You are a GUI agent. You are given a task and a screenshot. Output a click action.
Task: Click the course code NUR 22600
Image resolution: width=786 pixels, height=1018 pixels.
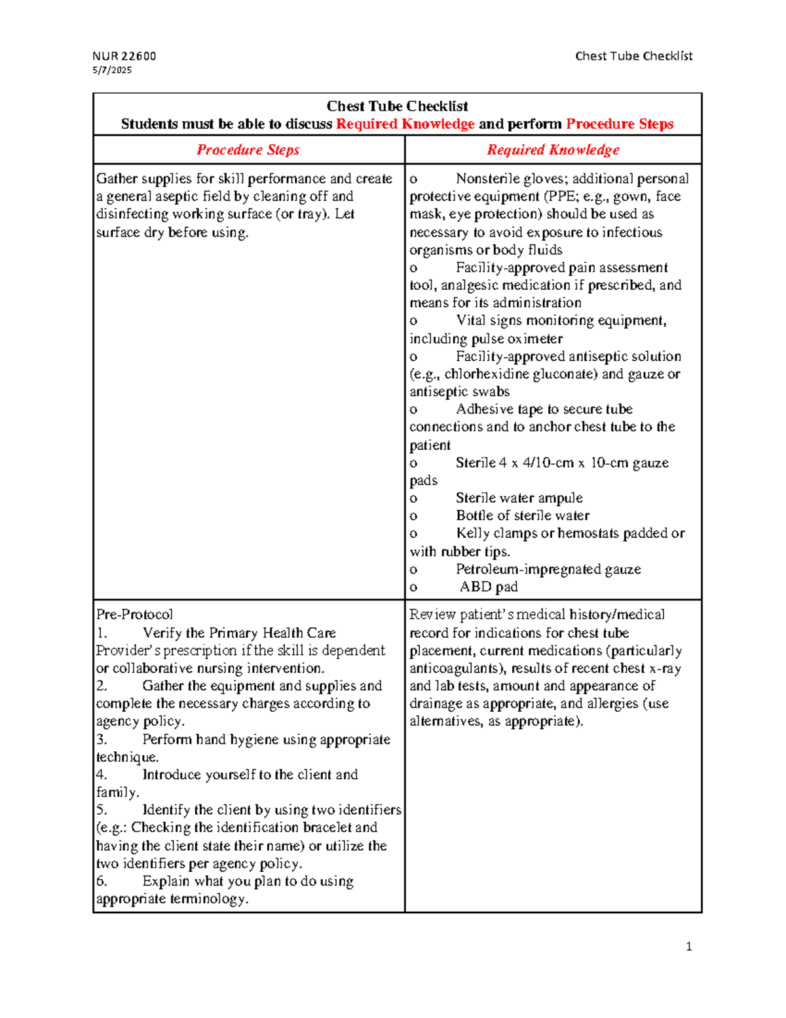(x=124, y=56)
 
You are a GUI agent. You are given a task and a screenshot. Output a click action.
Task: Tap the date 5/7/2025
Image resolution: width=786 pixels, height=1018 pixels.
(x=112, y=70)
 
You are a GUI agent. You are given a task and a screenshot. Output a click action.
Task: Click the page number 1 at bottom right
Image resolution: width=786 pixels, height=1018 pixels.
(x=688, y=947)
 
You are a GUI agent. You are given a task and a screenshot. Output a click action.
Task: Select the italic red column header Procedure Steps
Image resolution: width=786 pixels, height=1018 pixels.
(x=248, y=150)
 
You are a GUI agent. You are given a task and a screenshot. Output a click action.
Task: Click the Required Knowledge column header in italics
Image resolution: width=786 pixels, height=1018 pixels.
(x=553, y=150)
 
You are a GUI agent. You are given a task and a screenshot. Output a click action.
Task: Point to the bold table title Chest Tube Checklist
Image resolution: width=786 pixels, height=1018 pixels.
(x=397, y=106)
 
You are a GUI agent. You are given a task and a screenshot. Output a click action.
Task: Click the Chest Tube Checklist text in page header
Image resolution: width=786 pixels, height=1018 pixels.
(x=633, y=56)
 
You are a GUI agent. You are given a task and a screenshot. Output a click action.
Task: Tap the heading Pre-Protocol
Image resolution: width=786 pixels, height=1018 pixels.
(x=134, y=615)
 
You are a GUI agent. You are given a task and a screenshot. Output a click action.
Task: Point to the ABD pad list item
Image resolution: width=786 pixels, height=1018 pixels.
(x=489, y=587)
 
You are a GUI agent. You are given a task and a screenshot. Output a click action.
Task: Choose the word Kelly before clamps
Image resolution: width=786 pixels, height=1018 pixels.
(x=472, y=534)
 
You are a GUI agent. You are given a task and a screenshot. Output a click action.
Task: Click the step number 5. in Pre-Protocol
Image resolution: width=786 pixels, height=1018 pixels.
(x=102, y=810)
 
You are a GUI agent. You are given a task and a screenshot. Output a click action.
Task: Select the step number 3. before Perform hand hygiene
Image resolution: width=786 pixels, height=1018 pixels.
(x=102, y=739)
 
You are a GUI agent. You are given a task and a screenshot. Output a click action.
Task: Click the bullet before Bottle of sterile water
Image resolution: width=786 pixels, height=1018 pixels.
(x=413, y=517)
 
